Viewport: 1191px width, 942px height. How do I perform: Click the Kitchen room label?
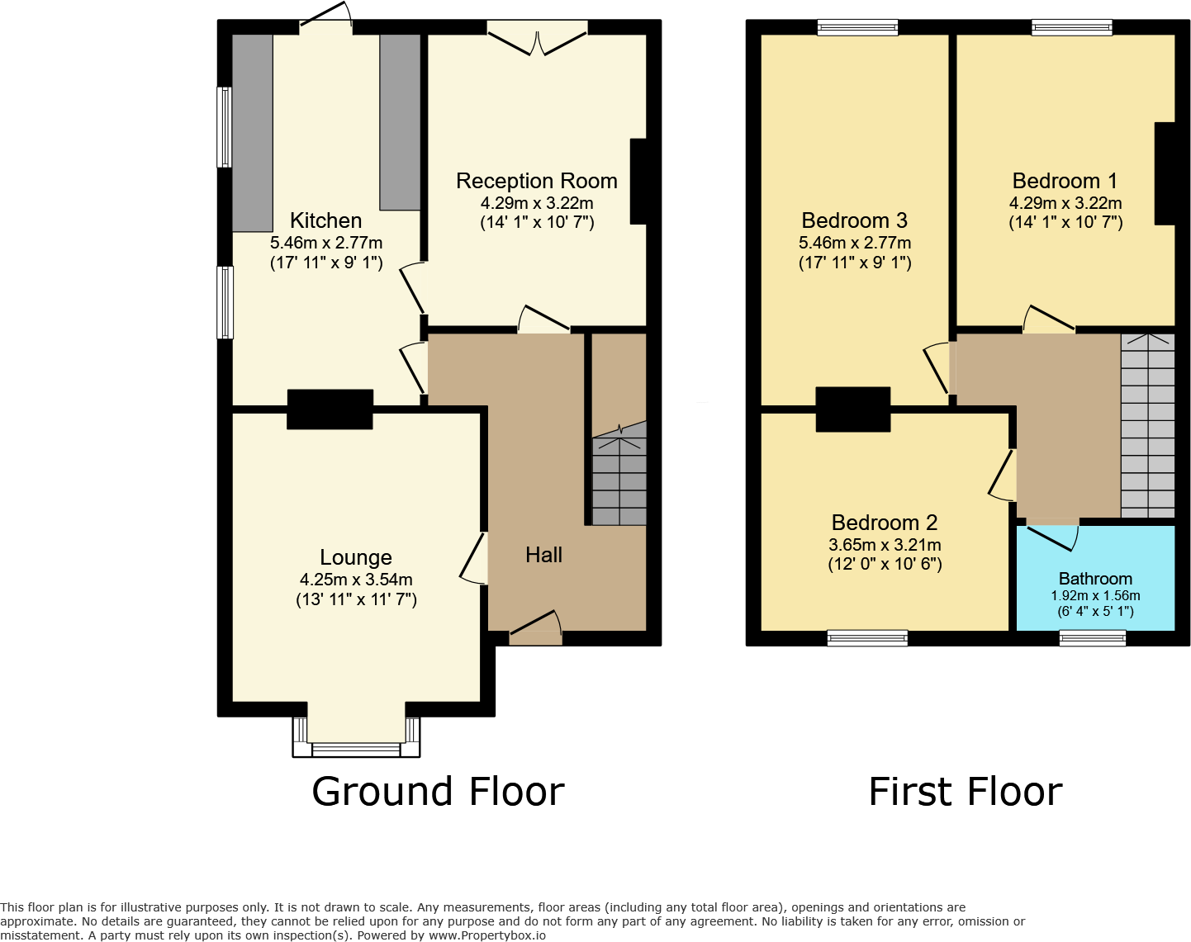click(x=325, y=220)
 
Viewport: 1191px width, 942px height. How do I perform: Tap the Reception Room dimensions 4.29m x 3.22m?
click(x=537, y=203)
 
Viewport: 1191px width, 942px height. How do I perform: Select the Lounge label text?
click(x=356, y=557)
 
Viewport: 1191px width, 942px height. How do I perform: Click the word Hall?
click(x=543, y=555)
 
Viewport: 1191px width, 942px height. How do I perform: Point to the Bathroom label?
click(x=1095, y=579)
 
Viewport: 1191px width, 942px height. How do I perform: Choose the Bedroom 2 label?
click(x=885, y=523)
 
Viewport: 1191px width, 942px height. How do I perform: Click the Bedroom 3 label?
click(x=854, y=220)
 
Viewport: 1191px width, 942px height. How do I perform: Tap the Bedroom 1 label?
click(x=1065, y=181)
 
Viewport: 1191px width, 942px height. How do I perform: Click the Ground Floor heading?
click(x=438, y=792)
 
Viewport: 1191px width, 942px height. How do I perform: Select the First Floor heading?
click(x=966, y=792)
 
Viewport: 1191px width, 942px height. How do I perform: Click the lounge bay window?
click(x=356, y=747)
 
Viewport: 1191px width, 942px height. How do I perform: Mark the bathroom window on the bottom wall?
click(x=1093, y=637)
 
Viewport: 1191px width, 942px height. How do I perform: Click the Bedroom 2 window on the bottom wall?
click(x=867, y=637)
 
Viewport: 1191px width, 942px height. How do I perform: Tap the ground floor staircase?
click(x=619, y=479)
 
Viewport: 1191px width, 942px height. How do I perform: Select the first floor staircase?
click(x=1147, y=425)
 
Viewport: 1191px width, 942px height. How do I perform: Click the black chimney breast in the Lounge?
click(x=330, y=409)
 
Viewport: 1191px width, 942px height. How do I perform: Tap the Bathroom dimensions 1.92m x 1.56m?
click(x=1095, y=596)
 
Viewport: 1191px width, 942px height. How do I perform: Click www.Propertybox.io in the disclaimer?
click(x=486, y=935)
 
